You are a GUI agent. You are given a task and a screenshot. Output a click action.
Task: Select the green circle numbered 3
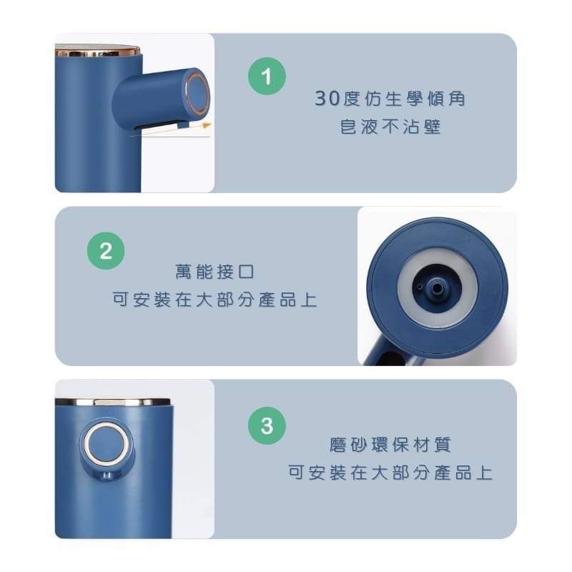coord(267,427)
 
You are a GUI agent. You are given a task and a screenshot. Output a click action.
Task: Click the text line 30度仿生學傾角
coord(390,99)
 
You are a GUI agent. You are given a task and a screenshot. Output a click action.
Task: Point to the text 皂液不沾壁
coord(390,129)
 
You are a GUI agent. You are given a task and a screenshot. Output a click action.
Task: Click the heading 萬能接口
coord(214,272)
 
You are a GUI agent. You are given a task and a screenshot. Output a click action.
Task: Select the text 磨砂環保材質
coord(390,445)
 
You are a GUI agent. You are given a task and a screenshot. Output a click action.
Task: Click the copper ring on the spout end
coord(198,93)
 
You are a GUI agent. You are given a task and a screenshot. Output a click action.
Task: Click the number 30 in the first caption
coord(325,99)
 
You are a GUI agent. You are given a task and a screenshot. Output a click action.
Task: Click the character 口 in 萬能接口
coord(245,272)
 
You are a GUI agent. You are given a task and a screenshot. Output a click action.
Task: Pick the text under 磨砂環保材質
coord(390,473)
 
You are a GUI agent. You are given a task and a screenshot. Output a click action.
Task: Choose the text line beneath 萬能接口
coord(214,300)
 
